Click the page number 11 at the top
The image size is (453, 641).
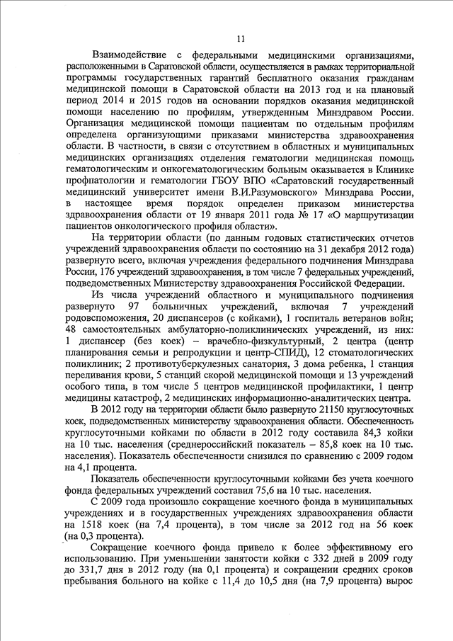[x=241, y=39]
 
